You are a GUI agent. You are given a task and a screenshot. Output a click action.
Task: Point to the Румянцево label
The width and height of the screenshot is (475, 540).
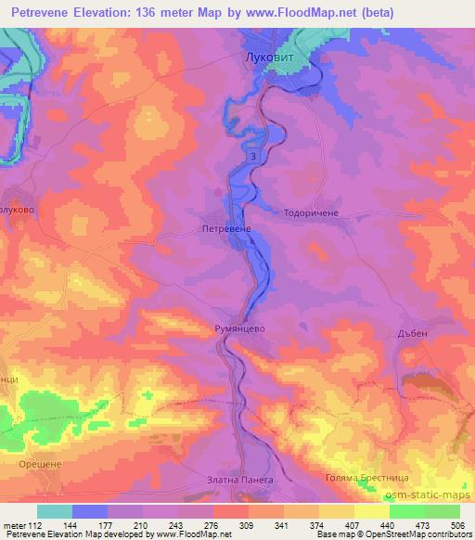(241, 328)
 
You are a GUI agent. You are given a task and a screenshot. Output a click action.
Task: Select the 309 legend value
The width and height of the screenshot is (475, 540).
(248, 524)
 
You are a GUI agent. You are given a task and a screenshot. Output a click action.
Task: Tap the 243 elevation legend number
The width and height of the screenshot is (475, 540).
(177, 524)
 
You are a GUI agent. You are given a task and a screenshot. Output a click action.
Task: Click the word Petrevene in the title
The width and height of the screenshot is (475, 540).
(38, 13)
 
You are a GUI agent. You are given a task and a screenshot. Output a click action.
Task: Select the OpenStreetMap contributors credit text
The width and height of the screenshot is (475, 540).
(417, 534)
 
